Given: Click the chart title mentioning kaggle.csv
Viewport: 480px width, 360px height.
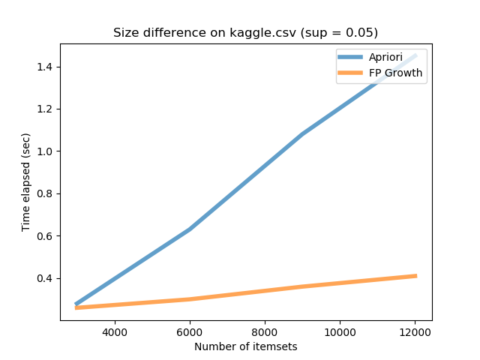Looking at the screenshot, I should tap(245, 33).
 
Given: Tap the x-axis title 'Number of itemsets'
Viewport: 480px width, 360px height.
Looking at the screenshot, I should tap(245, 346).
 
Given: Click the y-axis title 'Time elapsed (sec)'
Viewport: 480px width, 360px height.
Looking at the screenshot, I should tap(26, 182).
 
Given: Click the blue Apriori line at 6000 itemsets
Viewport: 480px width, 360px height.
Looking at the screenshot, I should tap(190, 229).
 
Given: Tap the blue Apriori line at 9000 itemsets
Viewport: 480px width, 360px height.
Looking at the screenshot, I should tap(302, 134).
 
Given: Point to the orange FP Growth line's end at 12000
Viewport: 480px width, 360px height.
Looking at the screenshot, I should tap(415, 276).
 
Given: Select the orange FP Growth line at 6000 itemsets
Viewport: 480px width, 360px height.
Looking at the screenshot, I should tap(190, 299).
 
